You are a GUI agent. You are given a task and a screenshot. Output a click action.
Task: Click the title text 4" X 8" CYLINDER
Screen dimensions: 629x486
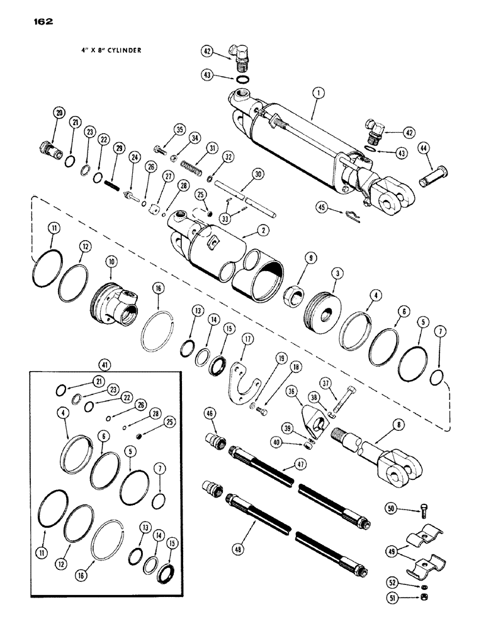(103, 52)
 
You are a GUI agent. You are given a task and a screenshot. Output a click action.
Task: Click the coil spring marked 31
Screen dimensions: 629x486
(193, 165)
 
